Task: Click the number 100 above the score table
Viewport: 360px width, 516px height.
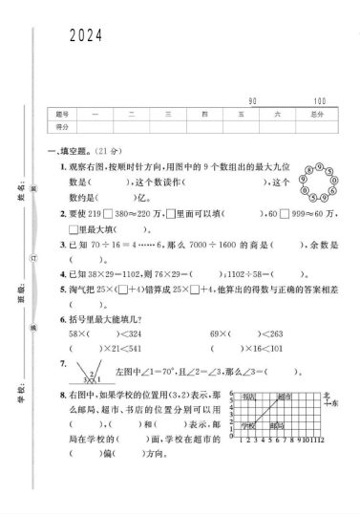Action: point(319,101)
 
